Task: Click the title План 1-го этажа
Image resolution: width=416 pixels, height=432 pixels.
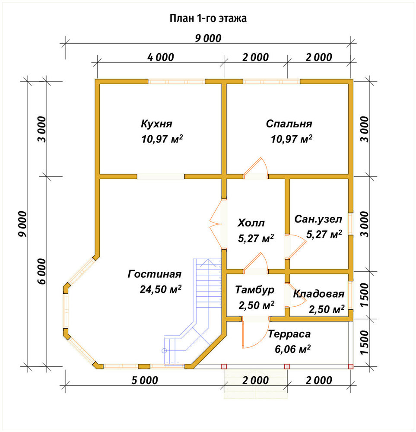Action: (208, 19)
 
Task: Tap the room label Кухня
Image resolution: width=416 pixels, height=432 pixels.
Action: (156, 124)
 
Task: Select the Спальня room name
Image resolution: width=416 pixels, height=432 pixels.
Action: (289, 124)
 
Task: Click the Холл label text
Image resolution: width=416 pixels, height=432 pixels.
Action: (251, 222)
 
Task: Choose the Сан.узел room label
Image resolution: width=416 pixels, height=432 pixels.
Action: (318, 219)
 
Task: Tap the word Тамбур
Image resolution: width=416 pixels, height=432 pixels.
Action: (255, 290)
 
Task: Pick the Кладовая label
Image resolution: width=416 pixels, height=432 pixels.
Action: (318, 294)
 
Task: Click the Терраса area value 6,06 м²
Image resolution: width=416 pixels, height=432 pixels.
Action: (292, 349)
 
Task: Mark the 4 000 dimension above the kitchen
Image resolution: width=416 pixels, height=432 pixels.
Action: (161, 57)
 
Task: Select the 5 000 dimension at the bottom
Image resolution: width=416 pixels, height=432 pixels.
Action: (145, 381)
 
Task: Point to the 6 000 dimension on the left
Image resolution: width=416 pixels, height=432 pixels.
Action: (42, 271)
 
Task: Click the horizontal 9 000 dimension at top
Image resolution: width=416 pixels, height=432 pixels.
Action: (208, 38)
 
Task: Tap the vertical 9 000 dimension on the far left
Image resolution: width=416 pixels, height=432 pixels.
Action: (22, 224)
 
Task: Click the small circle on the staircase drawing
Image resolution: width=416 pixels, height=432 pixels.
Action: (164, 351)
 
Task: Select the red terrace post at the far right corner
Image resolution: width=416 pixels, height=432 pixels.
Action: (350, 366)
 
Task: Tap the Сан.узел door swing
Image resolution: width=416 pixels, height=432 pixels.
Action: (296, 246)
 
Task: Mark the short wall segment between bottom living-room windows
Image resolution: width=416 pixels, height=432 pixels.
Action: (144, 366)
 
